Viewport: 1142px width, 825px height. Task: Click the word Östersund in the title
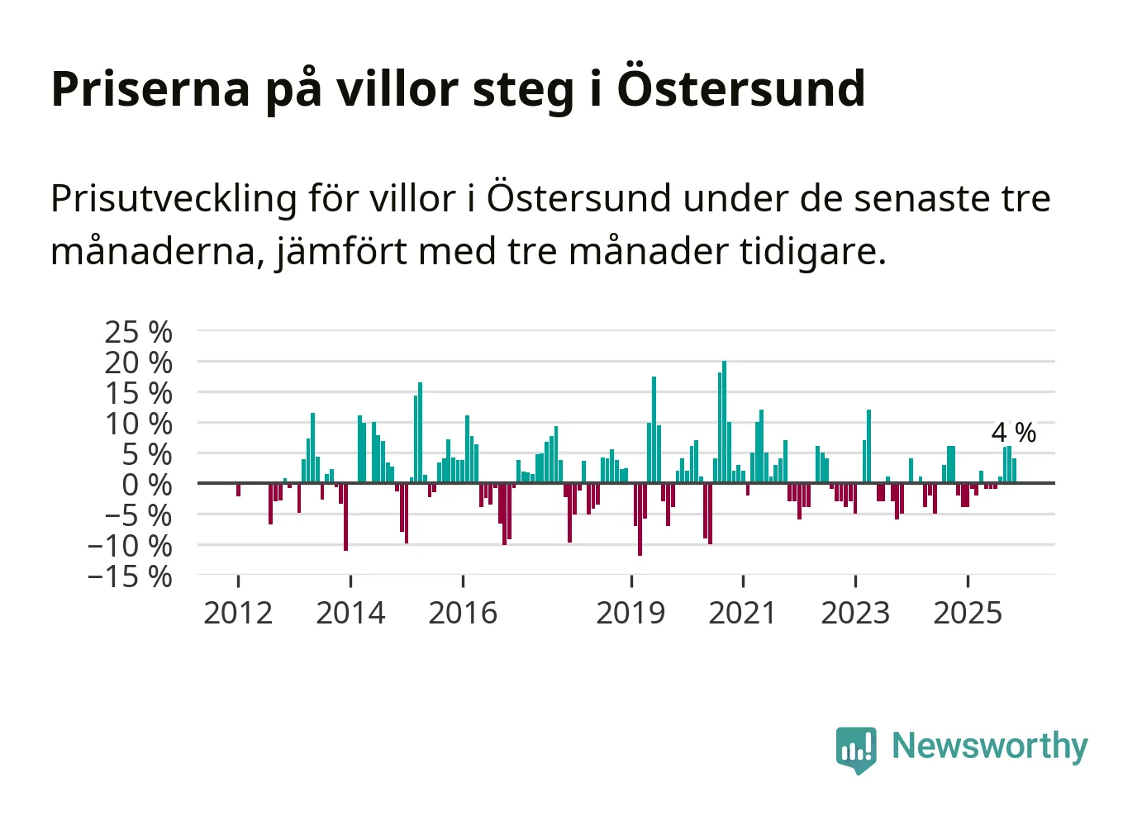click(x=740, y=88)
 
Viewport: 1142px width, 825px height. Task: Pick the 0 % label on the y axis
click(x=147, y=485)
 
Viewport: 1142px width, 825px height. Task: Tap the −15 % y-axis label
click(x=131, y=576)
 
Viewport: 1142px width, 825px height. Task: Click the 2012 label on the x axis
click(x=238, y=613)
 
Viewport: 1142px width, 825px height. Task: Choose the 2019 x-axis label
click(x=630, y=613)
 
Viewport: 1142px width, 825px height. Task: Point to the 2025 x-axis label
click(x=968, y=613)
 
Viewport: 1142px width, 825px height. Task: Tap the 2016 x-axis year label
click(x=463, y=613)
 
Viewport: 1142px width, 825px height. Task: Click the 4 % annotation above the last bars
click(x=1013, y=432)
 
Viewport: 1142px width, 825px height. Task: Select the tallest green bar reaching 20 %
click(x=724, y=421)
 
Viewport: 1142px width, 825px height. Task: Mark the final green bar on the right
click(x=1014, y=471)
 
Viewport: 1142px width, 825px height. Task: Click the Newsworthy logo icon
click(x=856, y=749)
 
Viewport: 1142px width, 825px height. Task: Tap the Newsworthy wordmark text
click(x=990, y=746)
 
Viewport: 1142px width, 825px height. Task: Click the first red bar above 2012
click(x=238, y=490)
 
